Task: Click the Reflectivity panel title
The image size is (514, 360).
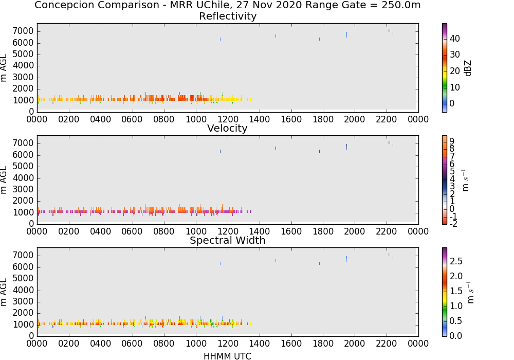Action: [x=228, y=16]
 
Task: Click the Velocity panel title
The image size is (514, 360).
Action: [x=227, y=128]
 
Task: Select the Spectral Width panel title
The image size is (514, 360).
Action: [x=228, y=240]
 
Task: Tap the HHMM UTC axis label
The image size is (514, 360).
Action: [x=227, y=356]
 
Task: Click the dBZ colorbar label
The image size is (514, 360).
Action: [x=468, y=68]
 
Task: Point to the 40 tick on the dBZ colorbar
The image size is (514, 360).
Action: [x=455, y=39]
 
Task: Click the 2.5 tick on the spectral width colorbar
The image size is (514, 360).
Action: [x=456, y=261]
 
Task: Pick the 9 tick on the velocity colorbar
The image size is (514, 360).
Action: [x=452, y=141]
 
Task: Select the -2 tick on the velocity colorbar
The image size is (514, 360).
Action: [x=453, y=224]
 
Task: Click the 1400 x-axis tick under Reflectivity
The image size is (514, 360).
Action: [x=259, y=119]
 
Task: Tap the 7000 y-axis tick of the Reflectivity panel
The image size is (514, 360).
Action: [x=23, y=31]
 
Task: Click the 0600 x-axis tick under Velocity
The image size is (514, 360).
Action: [x=132, y=231]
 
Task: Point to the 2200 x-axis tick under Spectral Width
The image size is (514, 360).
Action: [x=387, y=343]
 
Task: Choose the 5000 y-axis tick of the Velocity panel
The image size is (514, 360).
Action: [x=23, y=167]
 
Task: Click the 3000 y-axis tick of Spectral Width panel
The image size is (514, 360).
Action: [x=23, y=302]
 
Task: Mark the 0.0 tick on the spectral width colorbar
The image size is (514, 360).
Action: [x=456, y=335]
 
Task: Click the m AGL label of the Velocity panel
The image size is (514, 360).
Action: [x=4, y=180]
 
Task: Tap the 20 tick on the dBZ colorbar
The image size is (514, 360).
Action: [x=455, y=71]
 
